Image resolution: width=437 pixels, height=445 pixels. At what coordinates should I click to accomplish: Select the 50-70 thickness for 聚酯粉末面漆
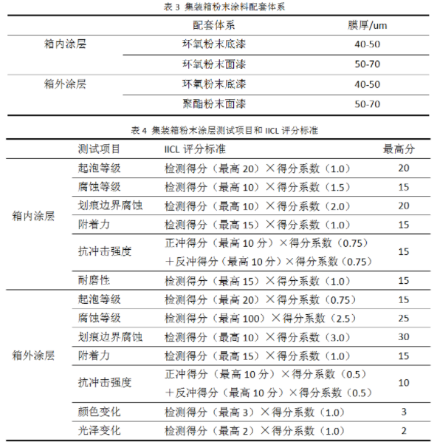click(x=368, y=103)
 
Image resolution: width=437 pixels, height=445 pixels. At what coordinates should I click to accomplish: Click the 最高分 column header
click(x=399, y=149)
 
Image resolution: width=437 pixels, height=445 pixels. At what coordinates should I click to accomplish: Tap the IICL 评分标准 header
click(x=197, y=149)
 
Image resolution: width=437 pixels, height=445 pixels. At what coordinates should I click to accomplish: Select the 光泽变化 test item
click(x=99, y=430)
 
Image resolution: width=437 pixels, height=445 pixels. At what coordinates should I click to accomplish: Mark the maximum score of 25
click(x=403, y=318)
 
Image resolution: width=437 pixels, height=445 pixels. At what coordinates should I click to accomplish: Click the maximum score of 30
click(x=403, y=336)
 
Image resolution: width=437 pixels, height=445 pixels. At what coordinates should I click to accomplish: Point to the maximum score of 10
click(x=403, y=383)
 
